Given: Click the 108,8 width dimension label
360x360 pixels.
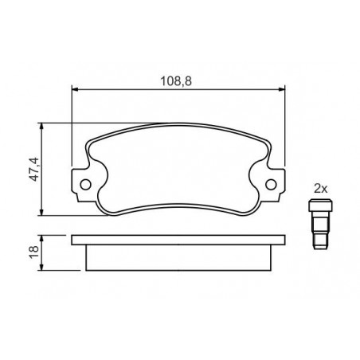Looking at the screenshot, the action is pos(176,81).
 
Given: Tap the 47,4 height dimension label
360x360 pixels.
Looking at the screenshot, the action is pos(34,170).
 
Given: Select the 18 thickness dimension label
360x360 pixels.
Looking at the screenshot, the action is pos(34,252).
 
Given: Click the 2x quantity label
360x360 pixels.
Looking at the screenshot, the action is pos(321,189).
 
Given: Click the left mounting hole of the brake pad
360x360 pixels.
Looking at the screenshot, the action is pos(85,184).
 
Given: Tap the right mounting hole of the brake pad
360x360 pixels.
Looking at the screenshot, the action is pos(271,184).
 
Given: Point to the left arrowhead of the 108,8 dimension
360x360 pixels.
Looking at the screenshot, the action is pos(76,90).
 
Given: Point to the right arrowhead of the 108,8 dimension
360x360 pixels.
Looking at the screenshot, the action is pos(281,90).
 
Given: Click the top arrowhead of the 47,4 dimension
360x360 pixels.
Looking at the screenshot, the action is pos(41,127).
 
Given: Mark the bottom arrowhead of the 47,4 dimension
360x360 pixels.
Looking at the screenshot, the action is pos(41,212).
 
